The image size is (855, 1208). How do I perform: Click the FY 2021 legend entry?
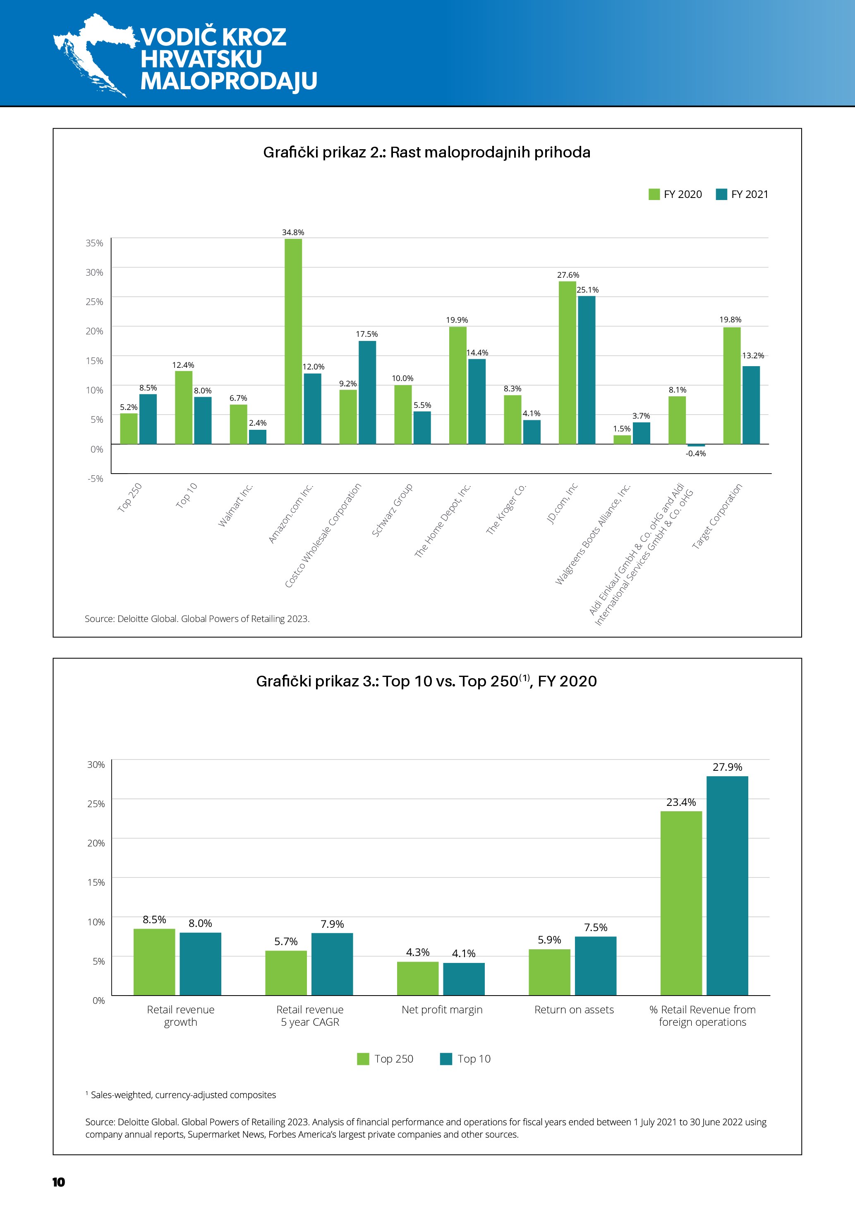click(742, 195)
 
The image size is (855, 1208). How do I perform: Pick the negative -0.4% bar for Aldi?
click(696, 446)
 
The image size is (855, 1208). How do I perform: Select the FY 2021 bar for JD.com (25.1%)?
click(587, 370)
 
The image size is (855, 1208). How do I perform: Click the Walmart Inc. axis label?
click(236, 505)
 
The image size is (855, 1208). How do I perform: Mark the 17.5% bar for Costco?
click(367, 393)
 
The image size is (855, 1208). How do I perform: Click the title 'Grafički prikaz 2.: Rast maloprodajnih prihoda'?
click(426, 152)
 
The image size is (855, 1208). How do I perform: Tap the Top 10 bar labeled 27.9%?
click(727, 886)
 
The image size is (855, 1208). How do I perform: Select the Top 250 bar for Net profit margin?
click(417, 978)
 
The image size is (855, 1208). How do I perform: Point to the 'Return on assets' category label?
click(574, 1010)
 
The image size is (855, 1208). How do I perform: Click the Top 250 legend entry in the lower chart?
click(386, 1058)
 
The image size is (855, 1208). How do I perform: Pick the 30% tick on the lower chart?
click(96, 765)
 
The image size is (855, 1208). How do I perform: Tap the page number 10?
click(58, 1182)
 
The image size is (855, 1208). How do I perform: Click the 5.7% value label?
click(286, 941)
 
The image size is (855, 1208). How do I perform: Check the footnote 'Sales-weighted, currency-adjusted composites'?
click(183, 1095)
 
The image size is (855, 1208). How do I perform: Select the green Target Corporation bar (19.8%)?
click(732, 386)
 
